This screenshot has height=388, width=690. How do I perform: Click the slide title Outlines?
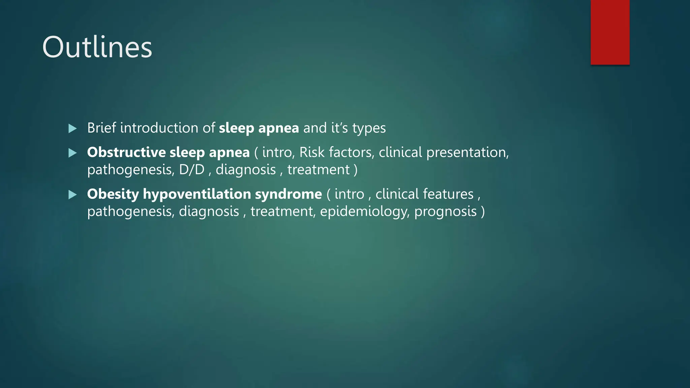click(97, 47)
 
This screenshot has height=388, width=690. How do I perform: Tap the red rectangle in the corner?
click(610, 32)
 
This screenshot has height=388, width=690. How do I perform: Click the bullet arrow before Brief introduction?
click(72, 128)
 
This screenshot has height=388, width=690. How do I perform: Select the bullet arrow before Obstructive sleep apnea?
click(72, 153)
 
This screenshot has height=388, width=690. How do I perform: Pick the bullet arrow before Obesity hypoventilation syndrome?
click(72, 194)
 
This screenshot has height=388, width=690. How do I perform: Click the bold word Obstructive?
click(126, 152)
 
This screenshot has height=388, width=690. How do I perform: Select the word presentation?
click(467, 153)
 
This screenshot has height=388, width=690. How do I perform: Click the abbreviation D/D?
click(192, 169)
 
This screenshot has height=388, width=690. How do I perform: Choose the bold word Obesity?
click(113, 194)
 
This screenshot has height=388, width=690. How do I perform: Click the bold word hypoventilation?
click(197, 194)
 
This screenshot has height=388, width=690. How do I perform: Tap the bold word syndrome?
click(288, 194)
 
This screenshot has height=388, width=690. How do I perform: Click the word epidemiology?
click(365, 212)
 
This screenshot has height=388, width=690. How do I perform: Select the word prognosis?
click(445, 212)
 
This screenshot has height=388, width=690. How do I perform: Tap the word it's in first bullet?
click(340, 128)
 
